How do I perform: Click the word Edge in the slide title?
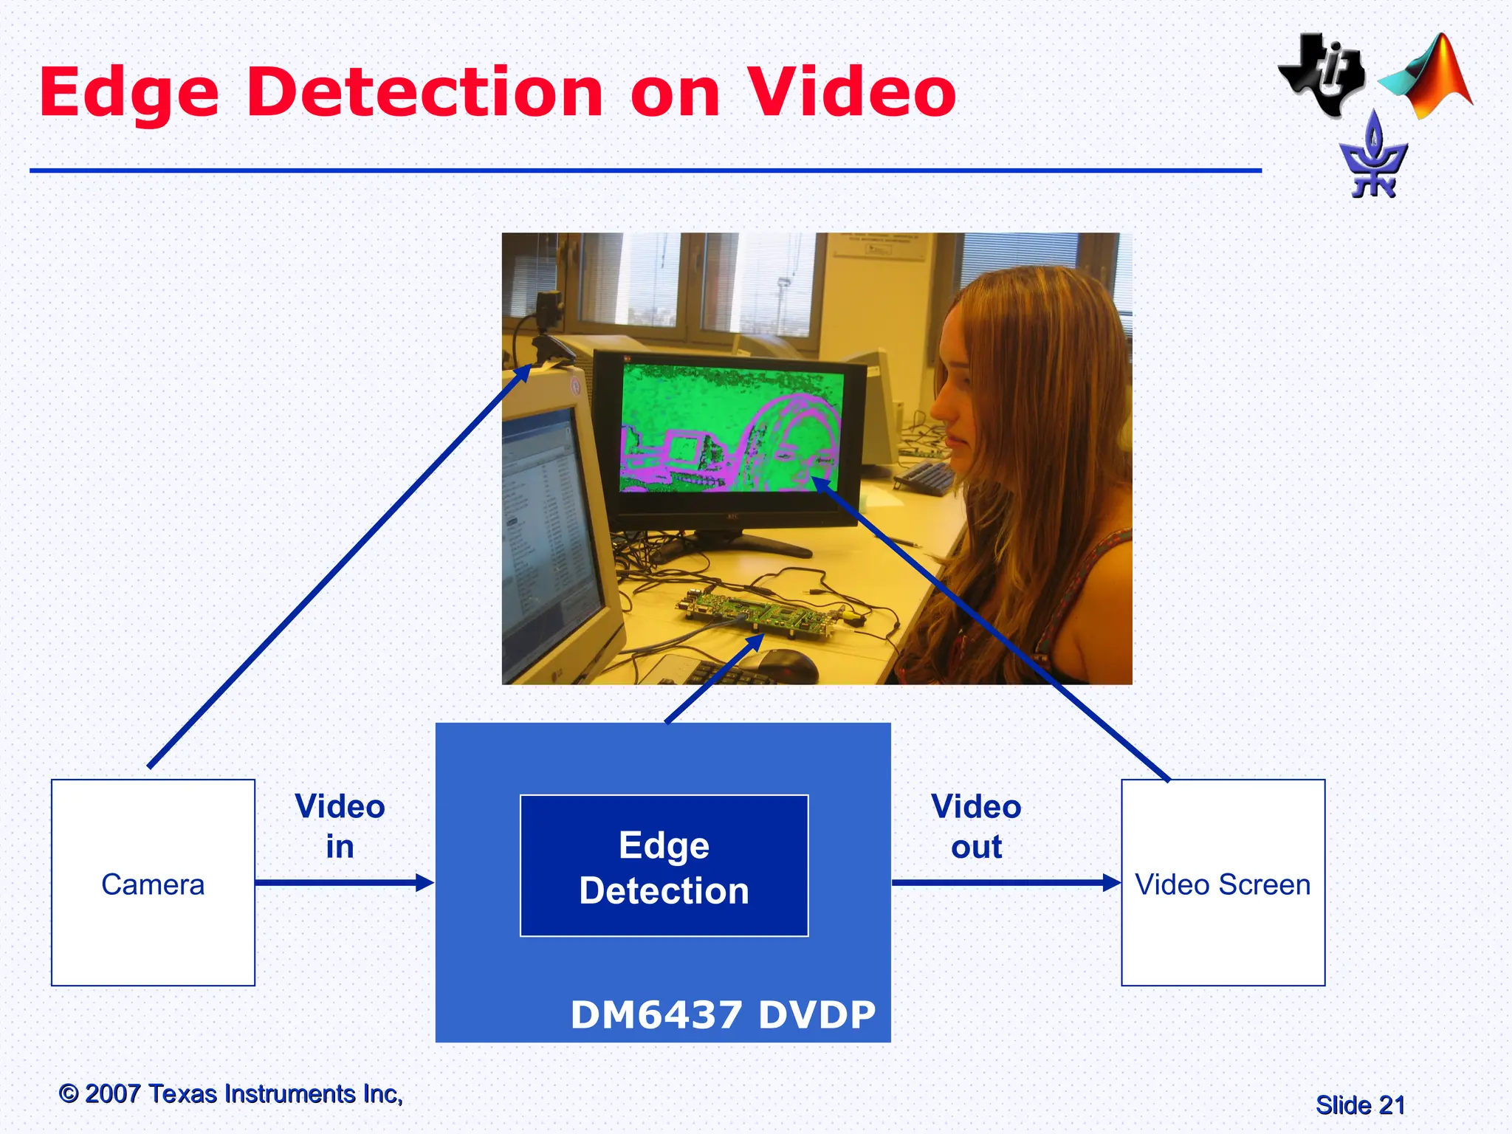click(129, 94)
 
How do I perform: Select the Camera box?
click(153, 882)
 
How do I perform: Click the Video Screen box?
click(1223, 882)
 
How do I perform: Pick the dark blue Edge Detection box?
click(664, 866)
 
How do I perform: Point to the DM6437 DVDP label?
click(723, 1014)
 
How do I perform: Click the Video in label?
click(340, 826)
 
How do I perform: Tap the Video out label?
click(976, 826)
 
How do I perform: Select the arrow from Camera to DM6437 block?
click(344, 882)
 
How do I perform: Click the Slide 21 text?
click(1360, 1105)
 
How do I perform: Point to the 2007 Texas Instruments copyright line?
click(231, 1093)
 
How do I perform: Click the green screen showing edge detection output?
click(731, 428)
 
